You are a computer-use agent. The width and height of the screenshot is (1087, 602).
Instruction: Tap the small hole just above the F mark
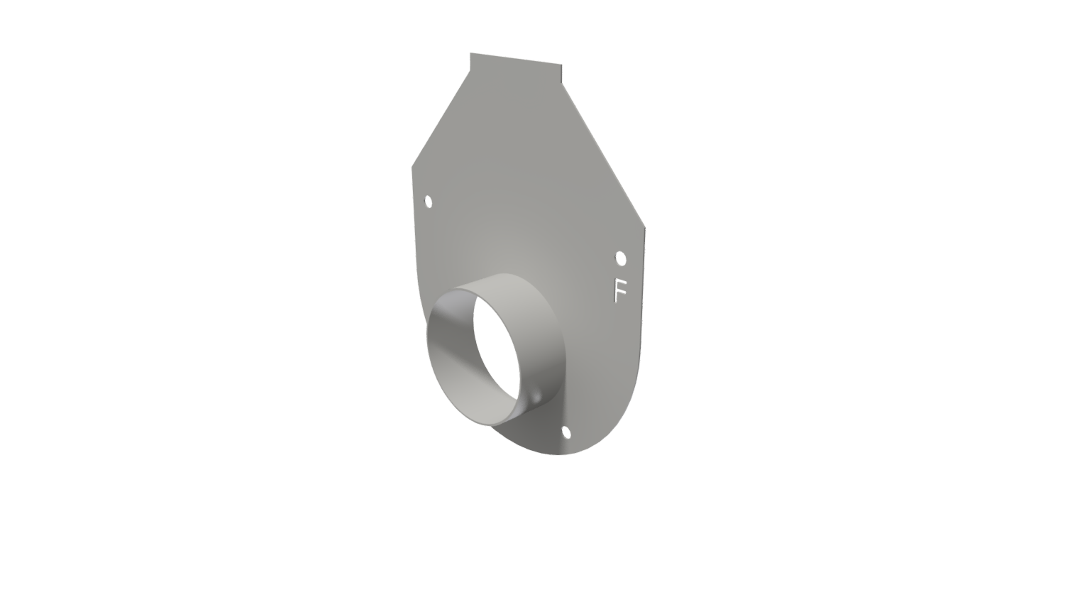[x=621, y=258]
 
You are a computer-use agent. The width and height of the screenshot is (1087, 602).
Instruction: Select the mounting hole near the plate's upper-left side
[x=429, y=202]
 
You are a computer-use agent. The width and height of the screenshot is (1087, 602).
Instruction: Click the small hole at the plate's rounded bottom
[x=566, y=432]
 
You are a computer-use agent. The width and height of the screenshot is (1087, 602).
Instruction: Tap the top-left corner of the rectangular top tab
[x=470, y=53]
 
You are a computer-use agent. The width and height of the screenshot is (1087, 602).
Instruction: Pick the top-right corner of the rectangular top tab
[x=561, y=65]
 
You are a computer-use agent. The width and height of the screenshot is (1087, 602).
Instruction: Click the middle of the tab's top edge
[x=516, y=59]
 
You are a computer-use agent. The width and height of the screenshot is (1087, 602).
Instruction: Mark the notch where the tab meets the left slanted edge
[x=470, y=71]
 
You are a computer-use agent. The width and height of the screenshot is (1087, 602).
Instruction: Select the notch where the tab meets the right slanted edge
[x=562, y=83]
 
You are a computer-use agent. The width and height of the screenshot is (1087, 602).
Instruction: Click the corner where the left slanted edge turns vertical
[x=412, y=168]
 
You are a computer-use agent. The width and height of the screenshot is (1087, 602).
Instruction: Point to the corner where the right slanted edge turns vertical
[x=645, y=228]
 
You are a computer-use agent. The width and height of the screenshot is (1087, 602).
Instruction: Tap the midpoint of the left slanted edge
[x=441, y=119]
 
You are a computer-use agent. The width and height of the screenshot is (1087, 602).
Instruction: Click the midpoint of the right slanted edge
[x=603, y=155]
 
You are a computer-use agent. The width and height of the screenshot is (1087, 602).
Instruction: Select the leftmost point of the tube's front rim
[x=427, y=334]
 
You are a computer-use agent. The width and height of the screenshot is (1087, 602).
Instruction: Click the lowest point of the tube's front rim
[x=488, y=426]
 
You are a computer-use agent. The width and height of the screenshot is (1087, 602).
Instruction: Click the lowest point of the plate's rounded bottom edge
[x=558, y=454]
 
